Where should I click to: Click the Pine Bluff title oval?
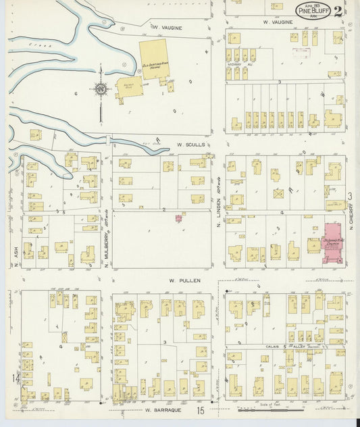click(312, 9)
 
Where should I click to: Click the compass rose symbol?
click(101, 89)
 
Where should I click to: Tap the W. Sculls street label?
click(190, 144)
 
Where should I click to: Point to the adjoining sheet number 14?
click(14, 379)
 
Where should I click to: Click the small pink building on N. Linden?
click(179, 218)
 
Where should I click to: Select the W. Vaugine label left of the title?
click(164, 27)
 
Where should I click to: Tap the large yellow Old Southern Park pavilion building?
click(154, 59)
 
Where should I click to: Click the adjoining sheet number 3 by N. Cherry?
click(350, 196)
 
